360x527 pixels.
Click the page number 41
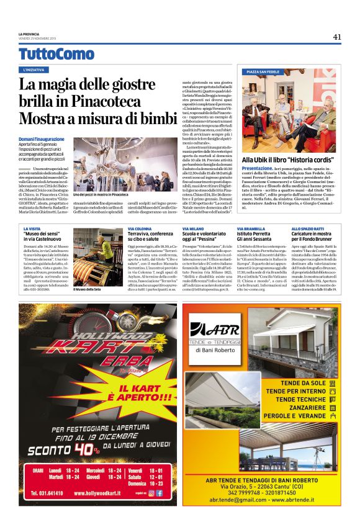(336, 37)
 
